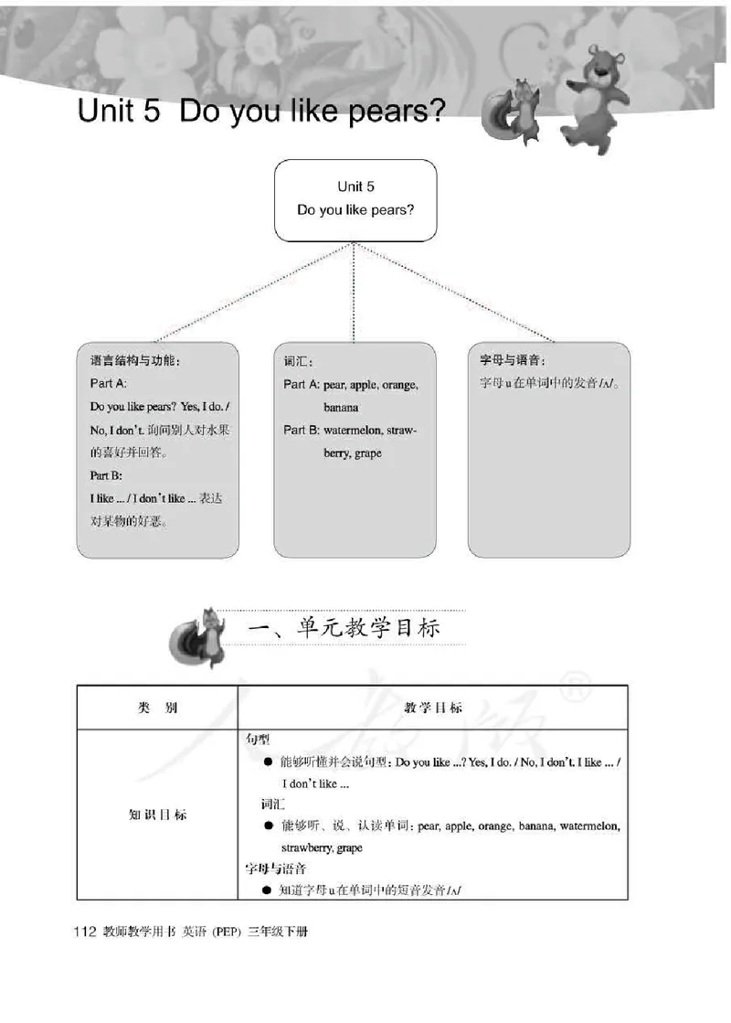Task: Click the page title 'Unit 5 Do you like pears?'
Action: [x=261, y=112]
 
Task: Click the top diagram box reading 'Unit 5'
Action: [x=355, y=199]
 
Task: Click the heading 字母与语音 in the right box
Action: [x=518, y=360]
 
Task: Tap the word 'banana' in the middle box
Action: [x=341, y=408]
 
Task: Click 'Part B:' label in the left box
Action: [x=106, y=475]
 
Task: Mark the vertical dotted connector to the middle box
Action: [x=355, y=293]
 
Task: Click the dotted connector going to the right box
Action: [x=457, y=292]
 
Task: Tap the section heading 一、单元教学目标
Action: [x=345, y=630]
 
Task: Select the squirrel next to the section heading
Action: [x=202, y=634]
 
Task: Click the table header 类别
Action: [x=156, y=709]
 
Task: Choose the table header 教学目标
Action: [x=433, y=709]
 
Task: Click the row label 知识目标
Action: [x=156, y=814]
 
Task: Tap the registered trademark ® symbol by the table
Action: [x=575, y=693]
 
